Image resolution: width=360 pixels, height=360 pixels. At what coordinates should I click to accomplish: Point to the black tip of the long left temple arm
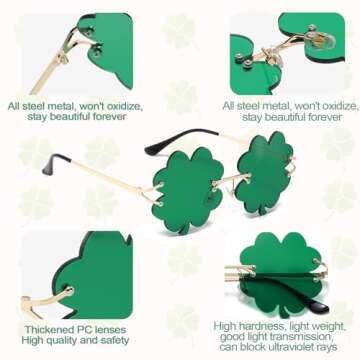57,159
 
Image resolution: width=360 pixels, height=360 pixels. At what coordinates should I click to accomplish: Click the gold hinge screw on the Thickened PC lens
67,292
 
